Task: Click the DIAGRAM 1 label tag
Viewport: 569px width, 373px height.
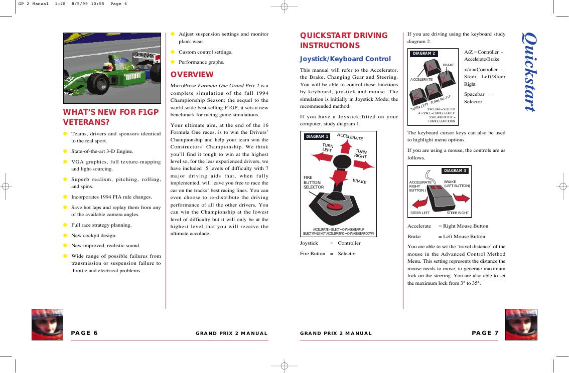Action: click(x=317, y=136)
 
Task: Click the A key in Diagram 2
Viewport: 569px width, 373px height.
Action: click(x=431, y=68)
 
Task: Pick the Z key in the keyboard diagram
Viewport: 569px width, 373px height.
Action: click(x=444, y=79)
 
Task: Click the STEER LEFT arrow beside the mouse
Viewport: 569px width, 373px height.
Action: click(x=419, y=204)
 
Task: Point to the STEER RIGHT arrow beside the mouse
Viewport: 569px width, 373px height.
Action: click(x=462, y=199)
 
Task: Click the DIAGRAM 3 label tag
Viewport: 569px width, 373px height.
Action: click(x=455, y=171)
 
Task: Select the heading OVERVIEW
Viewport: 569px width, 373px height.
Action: click(x=192, y=75)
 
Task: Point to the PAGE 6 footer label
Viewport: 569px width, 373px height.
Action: click(x=84, y=333)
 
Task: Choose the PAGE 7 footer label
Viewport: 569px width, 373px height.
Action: click(x=485, y=333)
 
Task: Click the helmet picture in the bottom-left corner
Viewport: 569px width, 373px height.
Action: click(x=47, y=324)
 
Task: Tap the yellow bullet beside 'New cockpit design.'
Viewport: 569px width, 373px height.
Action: click(x=65, y=235)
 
